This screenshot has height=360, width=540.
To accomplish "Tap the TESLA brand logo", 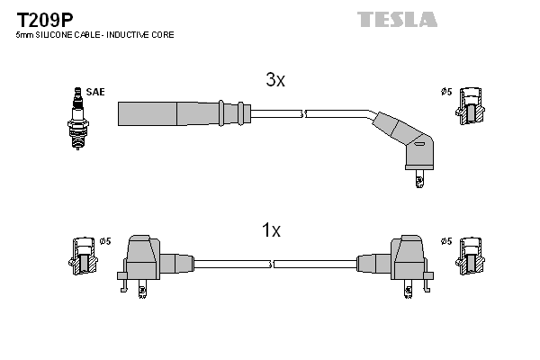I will pos(397,19).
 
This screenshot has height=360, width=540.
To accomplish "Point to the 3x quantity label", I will pos(275,80).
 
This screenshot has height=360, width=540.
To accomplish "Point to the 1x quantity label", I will pos(271,231).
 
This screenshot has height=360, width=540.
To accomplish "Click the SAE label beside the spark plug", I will pos(94,92).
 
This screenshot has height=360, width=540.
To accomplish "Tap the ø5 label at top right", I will pos(445,91).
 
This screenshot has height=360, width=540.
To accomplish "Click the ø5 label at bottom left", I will pos(104,241).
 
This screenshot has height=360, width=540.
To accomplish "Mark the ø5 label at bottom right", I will pos(445,241).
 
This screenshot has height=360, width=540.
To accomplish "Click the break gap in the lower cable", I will pos(272,264).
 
